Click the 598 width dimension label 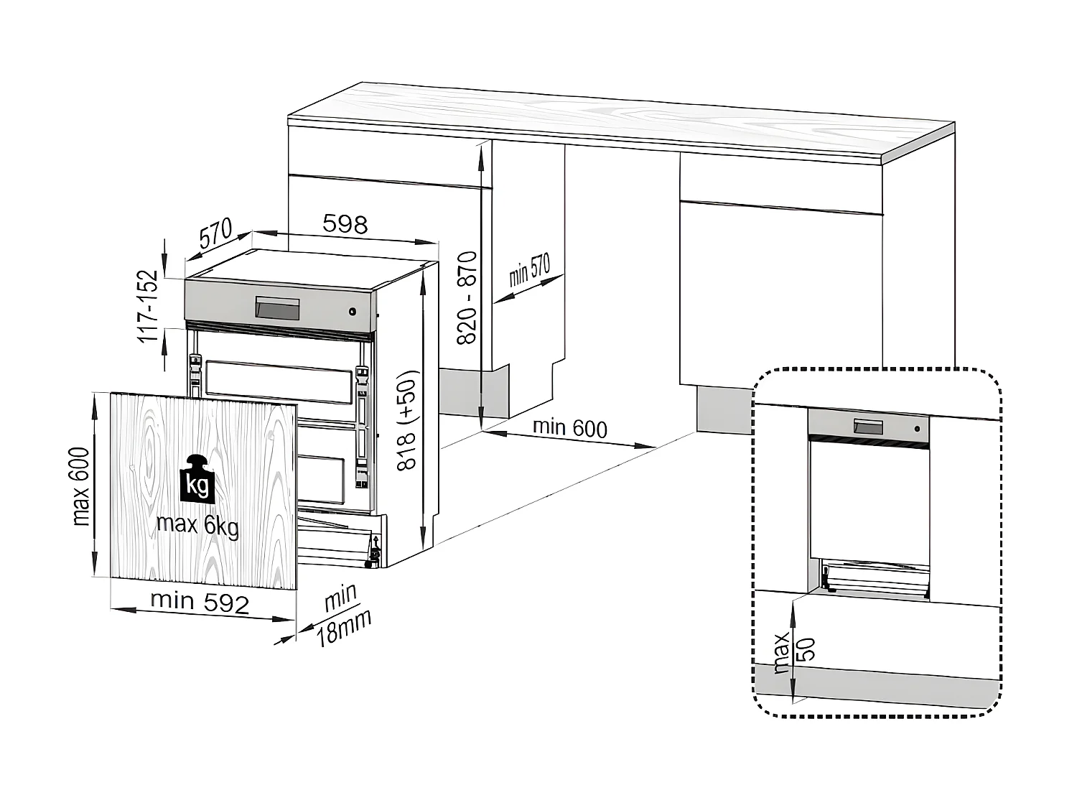click(x=345, y=225)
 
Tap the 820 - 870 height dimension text click(x=467, y=298)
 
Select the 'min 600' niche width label click(x=569, y=428)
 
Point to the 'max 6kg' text click(x=197, y=526)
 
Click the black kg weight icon click(x=197, y=479)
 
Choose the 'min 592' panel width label click(x=200, y=603)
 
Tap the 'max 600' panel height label click(x=81, y=487)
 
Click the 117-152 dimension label click(x=148, y=306)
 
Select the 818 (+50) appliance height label click(x=407, y=420)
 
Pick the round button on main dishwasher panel click(x=353, y=311)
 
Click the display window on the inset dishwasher click(x=867, y=427)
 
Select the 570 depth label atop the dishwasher click(x=215, y=234)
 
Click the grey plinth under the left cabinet click(x=474, y=392)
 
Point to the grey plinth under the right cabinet click(x=724, y=409)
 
